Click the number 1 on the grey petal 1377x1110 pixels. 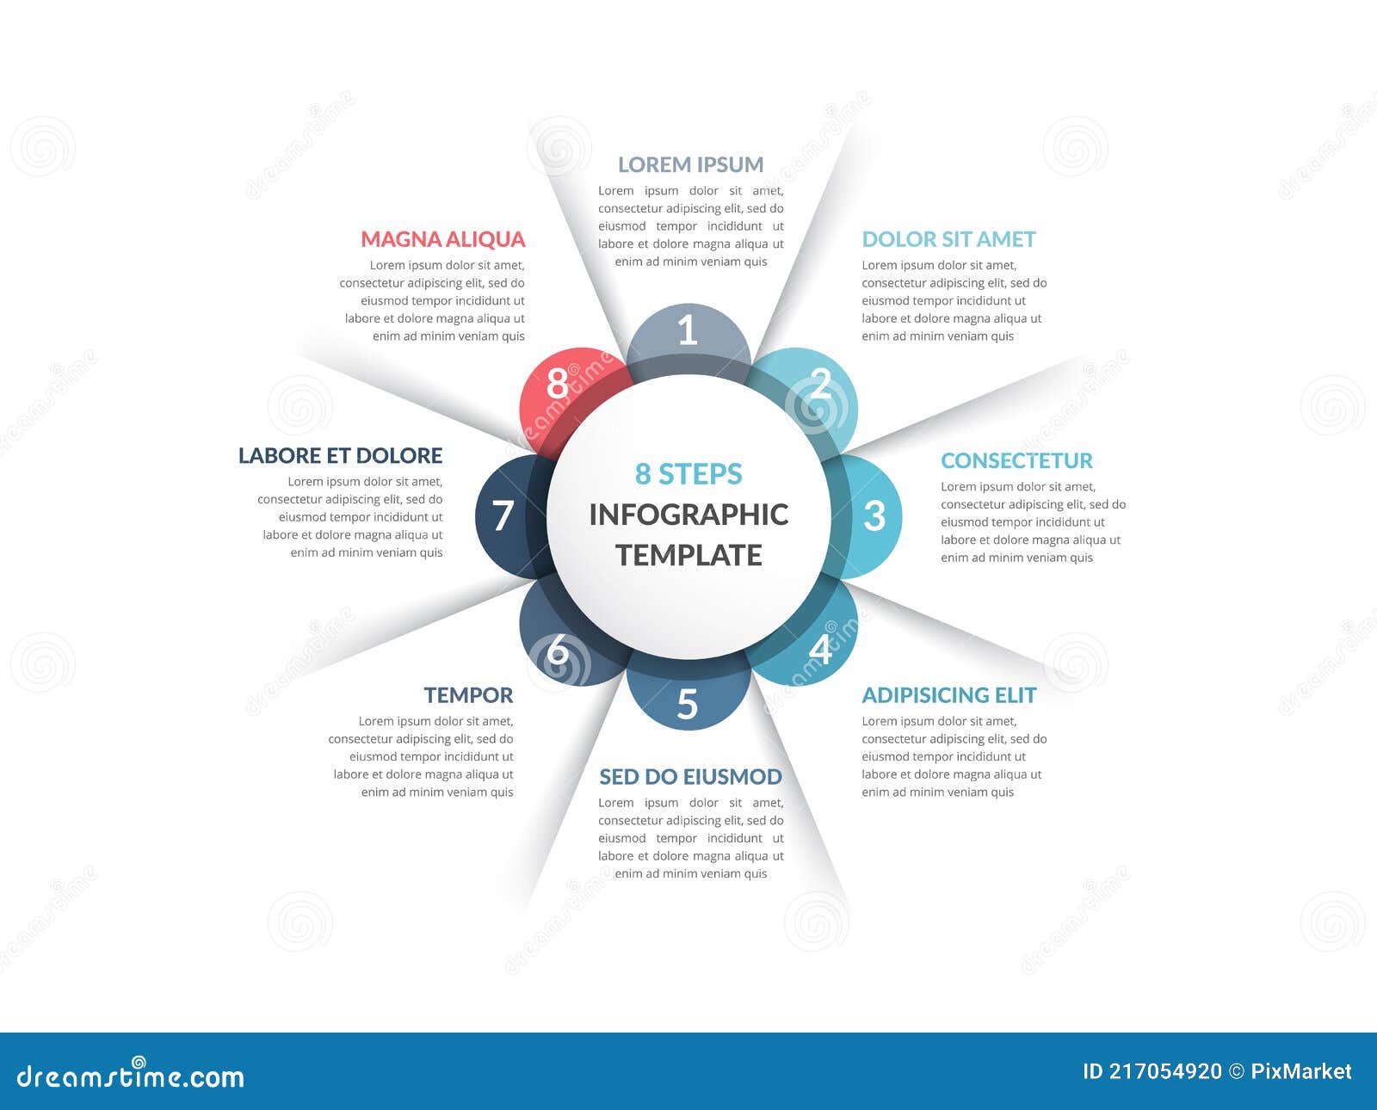(687, 330)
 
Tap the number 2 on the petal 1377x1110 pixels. (820, 385)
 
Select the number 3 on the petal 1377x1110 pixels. (874, 515)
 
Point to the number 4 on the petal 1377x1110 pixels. (820, 649)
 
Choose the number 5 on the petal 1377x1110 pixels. (687, 704)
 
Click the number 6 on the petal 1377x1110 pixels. (558, 651)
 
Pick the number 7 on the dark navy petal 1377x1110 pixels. (503, 515)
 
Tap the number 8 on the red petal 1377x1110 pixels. (558, 384)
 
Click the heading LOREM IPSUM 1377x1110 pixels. (690, 164)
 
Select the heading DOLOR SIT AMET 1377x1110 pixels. (948, 239)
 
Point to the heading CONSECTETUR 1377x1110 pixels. (1016, 460)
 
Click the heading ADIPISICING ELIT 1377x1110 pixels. (948, 695)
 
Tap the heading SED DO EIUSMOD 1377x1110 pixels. (690, 777)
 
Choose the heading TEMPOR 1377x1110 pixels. (468, 695)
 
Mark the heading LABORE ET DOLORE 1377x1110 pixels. (340, 455)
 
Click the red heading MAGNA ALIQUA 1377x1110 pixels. (442, 239)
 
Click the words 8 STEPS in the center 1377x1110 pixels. (688, 474)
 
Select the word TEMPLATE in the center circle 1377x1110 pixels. (688, 555)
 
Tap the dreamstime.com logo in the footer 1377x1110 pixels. (131, 1076)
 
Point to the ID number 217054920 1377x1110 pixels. (1164, 1071)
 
